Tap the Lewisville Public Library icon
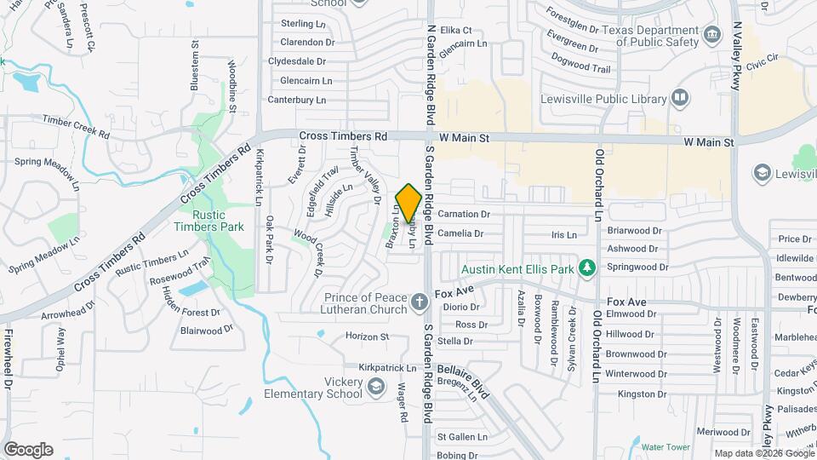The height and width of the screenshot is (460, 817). [679, 98]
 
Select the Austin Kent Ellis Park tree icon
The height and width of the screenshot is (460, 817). [586, 269]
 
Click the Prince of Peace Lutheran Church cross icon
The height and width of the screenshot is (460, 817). [419, 302]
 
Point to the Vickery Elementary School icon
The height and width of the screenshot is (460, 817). [375, 388]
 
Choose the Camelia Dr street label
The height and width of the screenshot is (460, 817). [460, 233]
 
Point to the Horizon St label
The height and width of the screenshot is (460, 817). [367, 336]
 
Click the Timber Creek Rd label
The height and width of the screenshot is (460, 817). [76, 128]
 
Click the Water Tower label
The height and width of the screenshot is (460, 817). [665, 446]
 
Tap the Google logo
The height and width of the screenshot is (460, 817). [28, 449]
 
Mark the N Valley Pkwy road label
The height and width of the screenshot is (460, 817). [737, 59]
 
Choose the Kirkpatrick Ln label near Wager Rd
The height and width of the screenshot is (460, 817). [387, 368]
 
